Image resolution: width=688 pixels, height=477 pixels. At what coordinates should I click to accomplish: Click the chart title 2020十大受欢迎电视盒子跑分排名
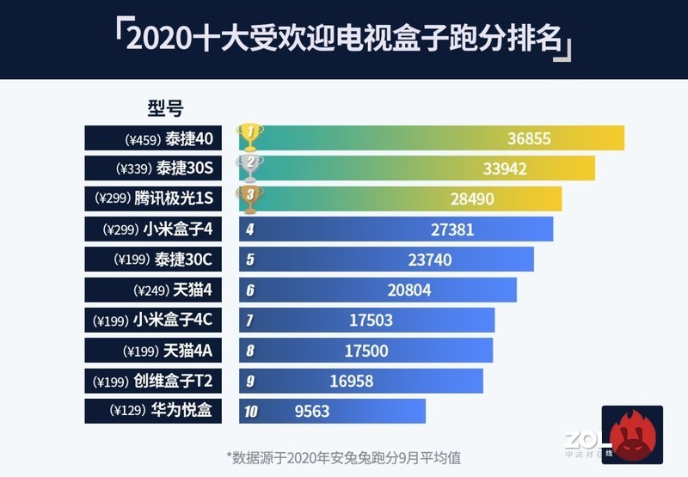344,40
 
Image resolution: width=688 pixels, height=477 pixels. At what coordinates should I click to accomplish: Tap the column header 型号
165,108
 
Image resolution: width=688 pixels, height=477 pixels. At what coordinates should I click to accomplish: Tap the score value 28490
472,199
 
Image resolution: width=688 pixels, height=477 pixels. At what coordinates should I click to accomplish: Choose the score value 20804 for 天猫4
409,290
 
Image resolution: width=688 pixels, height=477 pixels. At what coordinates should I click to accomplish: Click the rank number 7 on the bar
249,321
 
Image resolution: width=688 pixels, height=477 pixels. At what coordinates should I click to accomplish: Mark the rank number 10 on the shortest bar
250,412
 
